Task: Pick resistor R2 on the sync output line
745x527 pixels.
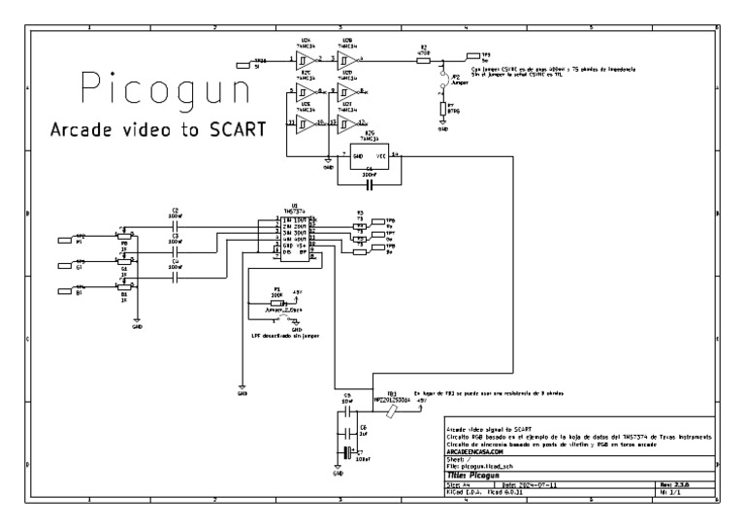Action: pyautogui.click(x=423, y=60)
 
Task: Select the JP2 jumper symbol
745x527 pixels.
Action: pyautogui.click(x=443, y=79)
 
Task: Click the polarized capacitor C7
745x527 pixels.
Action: pyautogui.click(x=345, y=453)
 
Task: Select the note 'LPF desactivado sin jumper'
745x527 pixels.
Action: pyautogui.click(x=282, y=336)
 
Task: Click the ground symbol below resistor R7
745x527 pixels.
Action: pyautogui.click(x=443, y=124)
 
